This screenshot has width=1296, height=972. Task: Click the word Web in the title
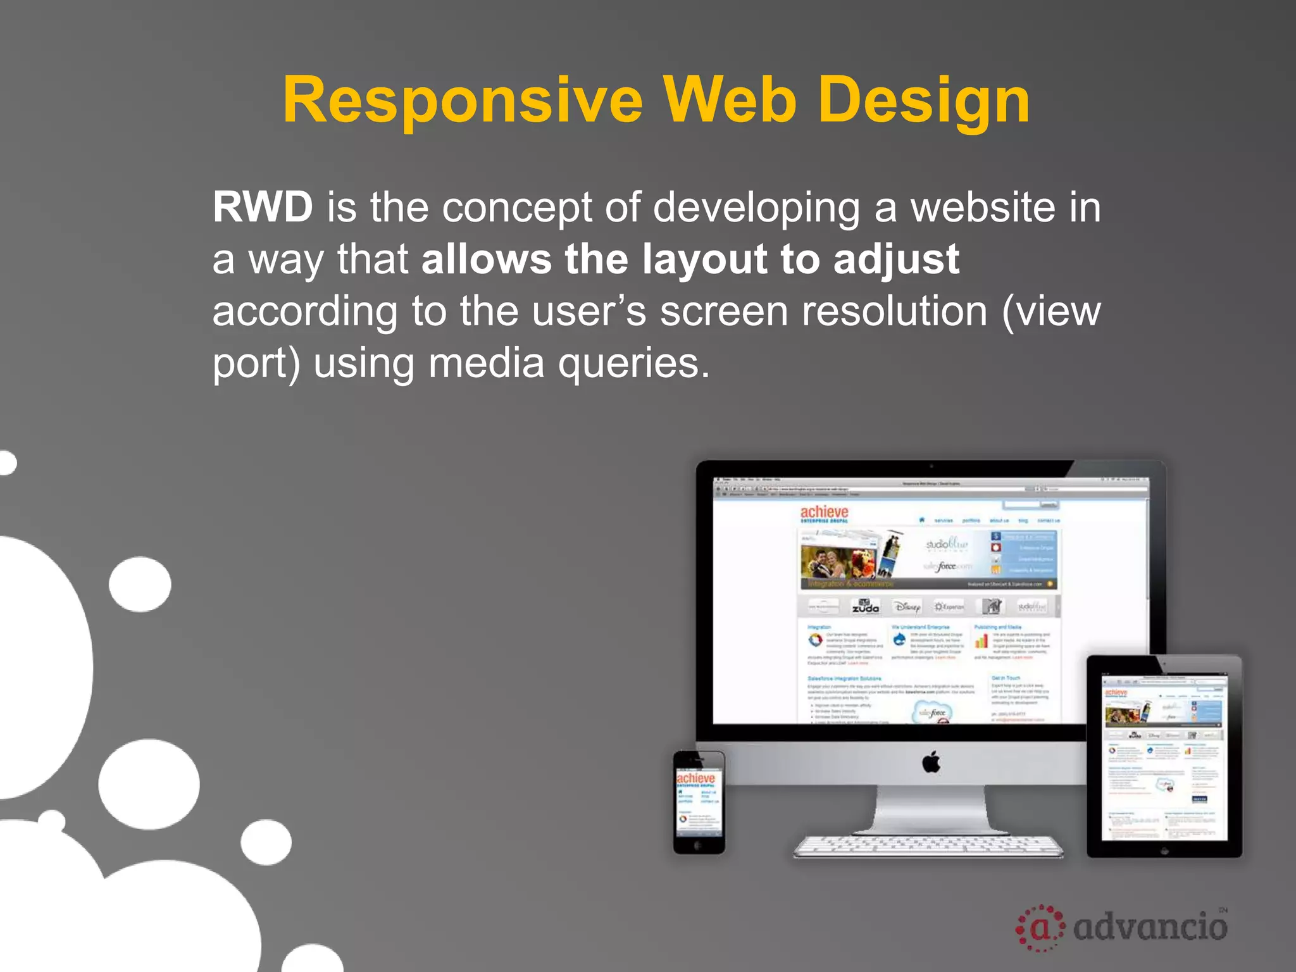tap(730, 100)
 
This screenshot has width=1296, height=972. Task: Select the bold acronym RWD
tap(263, 207)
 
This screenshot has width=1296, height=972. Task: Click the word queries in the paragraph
tap(633, 364)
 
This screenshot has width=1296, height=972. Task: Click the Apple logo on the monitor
tap(931, 763)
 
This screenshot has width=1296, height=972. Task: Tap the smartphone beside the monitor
tap(699, 802)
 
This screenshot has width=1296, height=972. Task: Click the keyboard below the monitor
tap(928, 845)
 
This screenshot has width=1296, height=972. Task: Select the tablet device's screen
tap(1164, 757)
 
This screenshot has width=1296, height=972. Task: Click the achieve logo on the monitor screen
tap(824, 513)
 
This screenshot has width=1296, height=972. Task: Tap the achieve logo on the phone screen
tap(695, 778)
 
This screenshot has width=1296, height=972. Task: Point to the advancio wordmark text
tap(1150, 928)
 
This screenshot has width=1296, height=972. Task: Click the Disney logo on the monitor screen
tap(906, 607)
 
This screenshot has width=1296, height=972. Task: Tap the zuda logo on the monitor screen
tap(865, 606)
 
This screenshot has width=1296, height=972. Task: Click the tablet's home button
tap(1164, 851)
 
